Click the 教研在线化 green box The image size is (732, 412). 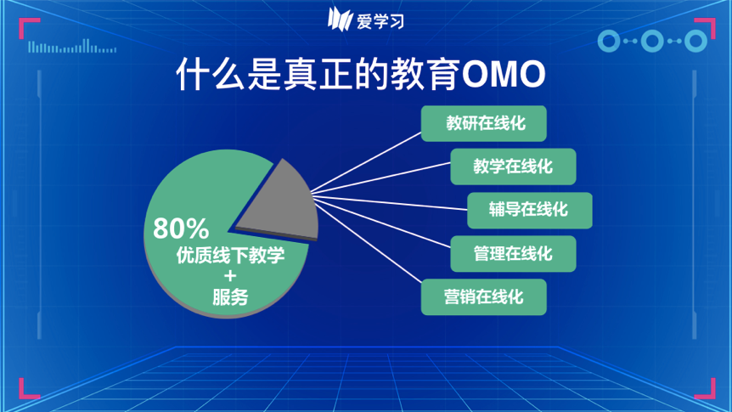pyautogui.click(x=484, y=123)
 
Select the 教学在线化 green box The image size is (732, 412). pyautogui.click(x=513, y=166)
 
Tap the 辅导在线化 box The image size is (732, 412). pyautogui.click(x=530, y=210)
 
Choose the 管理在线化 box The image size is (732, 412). pyautogui.click(x=513, y=254)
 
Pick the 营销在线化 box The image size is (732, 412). pyautogui.click(x=484, y=297)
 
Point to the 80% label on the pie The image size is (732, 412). pyautogui.click(x=181, y=229)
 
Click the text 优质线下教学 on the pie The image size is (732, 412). pyautogui.click(x=230, y=255)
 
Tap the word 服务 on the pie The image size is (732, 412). pyautogui.click(x=230, y=297)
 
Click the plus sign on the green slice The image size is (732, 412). pyautogui.click(x=229, y=276)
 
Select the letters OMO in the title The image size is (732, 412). pyautogui.click(x=504, y=74)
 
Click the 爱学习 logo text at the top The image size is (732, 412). pyautogui.click(x=380, y=21)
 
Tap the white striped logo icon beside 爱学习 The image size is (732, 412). pyautogui.click(x=340, y=20)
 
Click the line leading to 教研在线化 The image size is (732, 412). pyautogui.click(x=366, y=162)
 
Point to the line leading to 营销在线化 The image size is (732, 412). pyautogui.click(x=368, y=241)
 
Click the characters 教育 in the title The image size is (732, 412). pyautogui.click(x=425, y=74)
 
